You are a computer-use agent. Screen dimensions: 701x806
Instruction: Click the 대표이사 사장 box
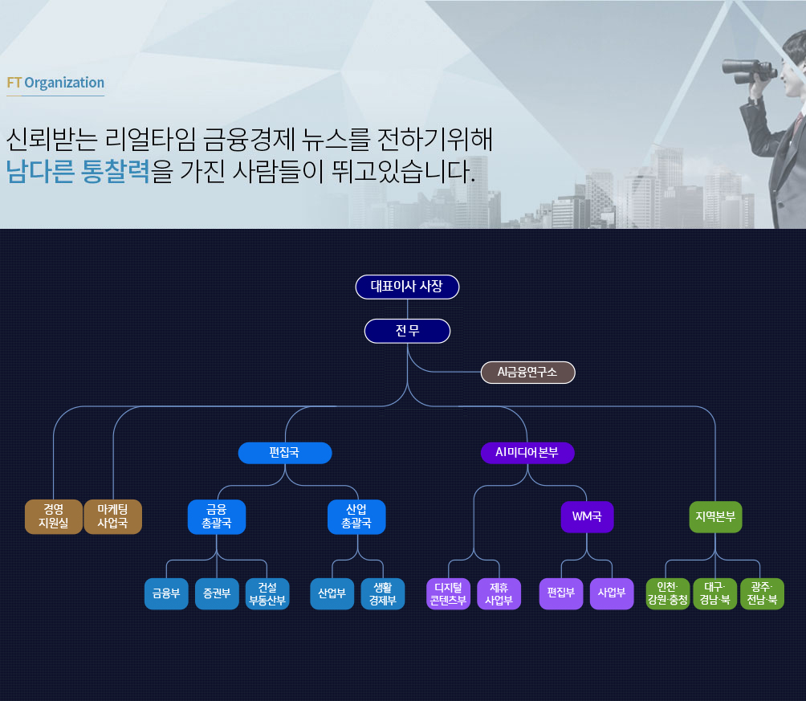pyautogui.click(x=407, y=287)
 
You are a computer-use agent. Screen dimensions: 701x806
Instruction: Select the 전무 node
pyautogui.click(x=407, y=331)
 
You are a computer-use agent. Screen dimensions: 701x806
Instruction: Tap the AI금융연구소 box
pyautogui.click(x=527, y=373)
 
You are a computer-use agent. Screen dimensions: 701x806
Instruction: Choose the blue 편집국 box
pyautogui.click(x=285, y=453)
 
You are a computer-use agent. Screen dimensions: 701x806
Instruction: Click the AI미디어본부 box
pyautogui.click(x=527, y=453)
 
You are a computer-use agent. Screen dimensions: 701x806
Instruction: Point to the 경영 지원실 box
pyautogui.click(x=54, y=517)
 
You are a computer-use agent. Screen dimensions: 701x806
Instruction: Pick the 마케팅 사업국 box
pyautogui.click(x=113, y=517)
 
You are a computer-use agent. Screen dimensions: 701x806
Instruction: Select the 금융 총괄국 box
pyautogui.click(x=217, y=517)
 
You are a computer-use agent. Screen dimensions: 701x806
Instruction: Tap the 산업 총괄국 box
pyautogui.click(x=357, y=517)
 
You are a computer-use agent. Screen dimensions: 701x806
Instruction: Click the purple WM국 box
pyautogui.click(x=587, y=517)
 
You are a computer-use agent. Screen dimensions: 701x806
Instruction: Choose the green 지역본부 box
pyautogui.click(x=715, y=517)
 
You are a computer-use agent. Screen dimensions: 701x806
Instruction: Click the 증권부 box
pyautogui.click(x=217, y=594)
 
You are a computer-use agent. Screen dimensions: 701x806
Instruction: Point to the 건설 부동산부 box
pyautogui.click(x=267, y=594)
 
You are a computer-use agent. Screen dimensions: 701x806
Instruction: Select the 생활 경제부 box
pyautogui.click(x=383, y=594)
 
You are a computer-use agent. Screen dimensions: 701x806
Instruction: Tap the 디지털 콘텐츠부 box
pyautogui.click(x=448, y=594)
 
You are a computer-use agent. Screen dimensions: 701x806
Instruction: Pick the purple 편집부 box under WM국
pyautogui.click(x=561, y=594)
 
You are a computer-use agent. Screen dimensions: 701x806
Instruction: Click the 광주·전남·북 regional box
pyautogui.click(x=763, y=594)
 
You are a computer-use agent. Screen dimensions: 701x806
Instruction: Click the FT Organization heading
pyautogui.click(x=55, y=83)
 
